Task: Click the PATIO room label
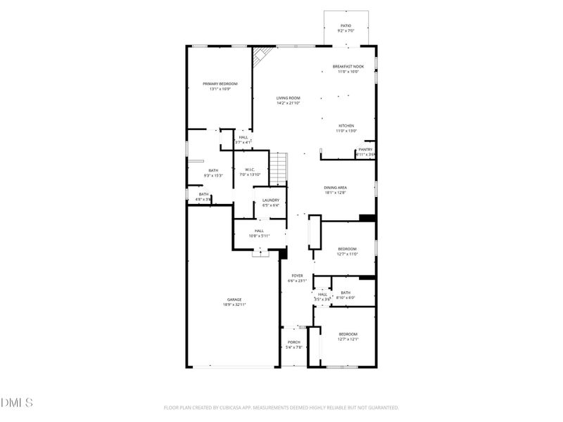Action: [346, 26]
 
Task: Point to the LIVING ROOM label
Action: [289, 98]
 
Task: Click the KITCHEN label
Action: [346, 126]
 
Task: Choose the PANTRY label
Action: [366, 149]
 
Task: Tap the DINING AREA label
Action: [336, 187]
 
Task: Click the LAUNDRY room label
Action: [271, 200]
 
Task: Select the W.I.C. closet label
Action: [250, 170]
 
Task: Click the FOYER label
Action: [296, 276]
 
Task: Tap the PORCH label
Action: [293, 343]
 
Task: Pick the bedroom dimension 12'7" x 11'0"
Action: [348, 254]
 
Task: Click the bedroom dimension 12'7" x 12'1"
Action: [348, 339]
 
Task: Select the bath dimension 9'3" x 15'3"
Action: [213, 175]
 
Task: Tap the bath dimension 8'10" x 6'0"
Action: [346, 298]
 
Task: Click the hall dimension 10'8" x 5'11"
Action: [259, 236]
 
